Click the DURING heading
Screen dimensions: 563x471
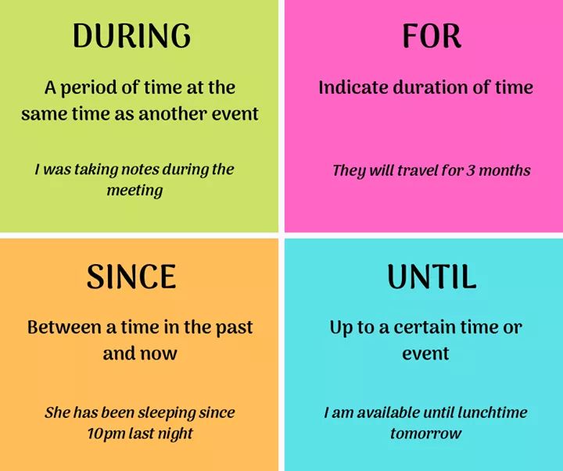[131, 35]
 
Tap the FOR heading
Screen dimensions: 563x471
[431, 36]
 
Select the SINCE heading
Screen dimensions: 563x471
[131, 277]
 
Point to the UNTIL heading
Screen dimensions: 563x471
[432, 277]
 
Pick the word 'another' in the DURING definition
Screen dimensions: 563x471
[172, 114]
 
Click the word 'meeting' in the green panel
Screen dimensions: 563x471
[134, 191]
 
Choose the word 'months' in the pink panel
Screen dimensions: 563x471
[504, 170]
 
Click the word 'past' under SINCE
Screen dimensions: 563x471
[234, 328]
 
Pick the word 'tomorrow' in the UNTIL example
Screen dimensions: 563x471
[425, 434]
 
